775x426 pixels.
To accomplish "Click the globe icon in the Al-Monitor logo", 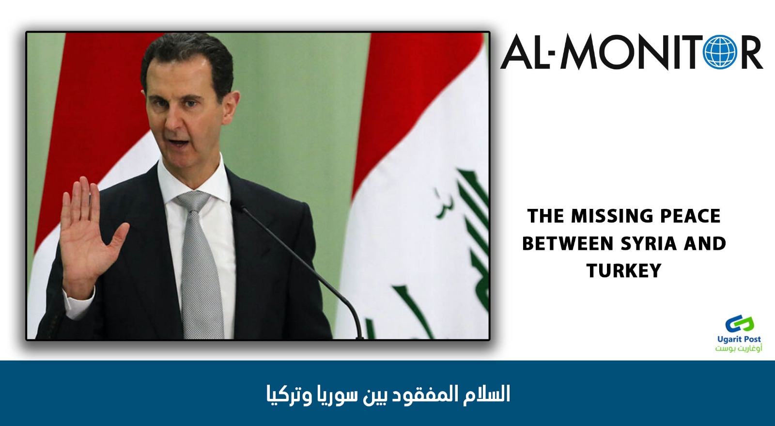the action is pos(720,52).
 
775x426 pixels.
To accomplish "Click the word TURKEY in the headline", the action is pos(624,270).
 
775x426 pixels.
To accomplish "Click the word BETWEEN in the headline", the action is pos(567,244).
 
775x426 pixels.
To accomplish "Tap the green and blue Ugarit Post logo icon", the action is pos(740,324).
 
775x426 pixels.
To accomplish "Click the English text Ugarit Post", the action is pos(739,339).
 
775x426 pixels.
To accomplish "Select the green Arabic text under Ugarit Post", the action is pos(739,348).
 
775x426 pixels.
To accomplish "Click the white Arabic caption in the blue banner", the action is pos(388,394).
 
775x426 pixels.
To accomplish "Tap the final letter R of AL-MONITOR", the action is pos(751,52).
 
